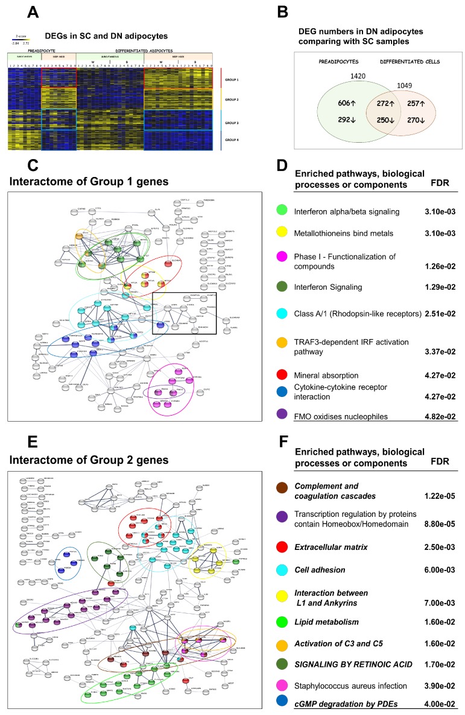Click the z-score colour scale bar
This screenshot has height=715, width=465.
point(21,40)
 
